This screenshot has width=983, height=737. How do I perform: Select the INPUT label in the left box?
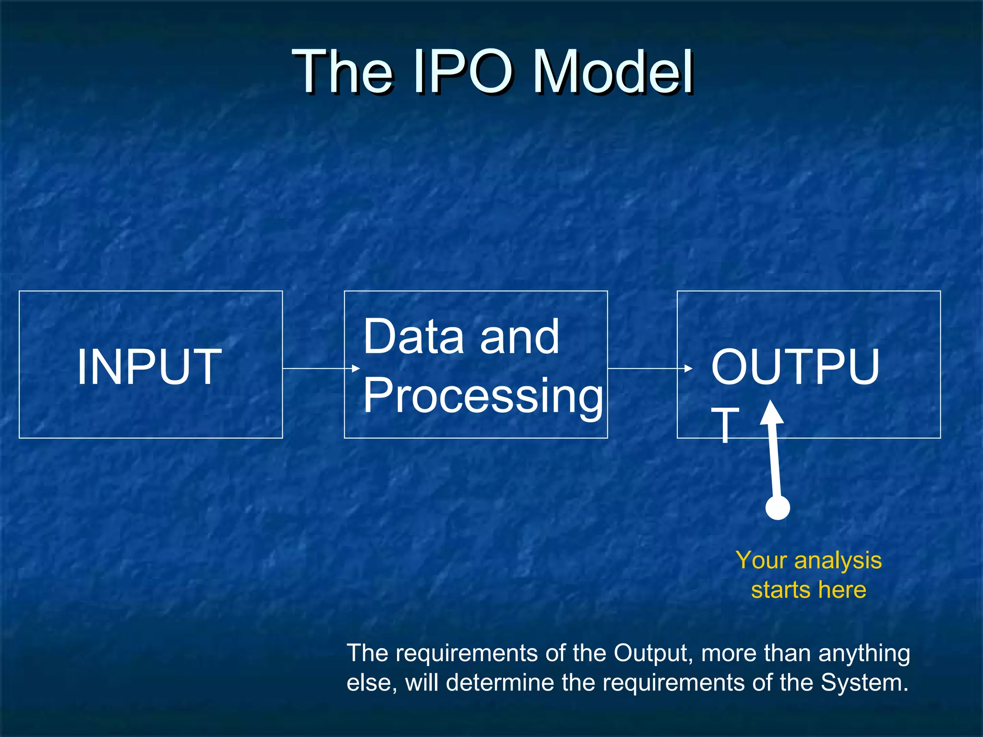pyautogui.click(x=149, y=367)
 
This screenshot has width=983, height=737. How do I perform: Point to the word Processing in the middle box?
pyautogui.click(x=482, y=396)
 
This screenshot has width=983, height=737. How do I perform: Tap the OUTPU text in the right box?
pyautogui.click(x=795, y=367)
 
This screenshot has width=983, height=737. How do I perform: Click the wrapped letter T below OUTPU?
pyautogui.click(x=725, y=425)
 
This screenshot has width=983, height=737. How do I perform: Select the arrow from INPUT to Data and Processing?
pyautogui.click(x=321, y=368)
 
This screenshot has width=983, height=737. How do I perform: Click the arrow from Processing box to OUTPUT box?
pyautogui.click(x=649, y=368)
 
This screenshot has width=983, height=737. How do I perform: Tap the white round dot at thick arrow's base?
pyautogui.click(x=778, y=508)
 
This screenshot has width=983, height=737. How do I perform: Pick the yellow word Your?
pyautogui.click(x=761, y=560)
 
